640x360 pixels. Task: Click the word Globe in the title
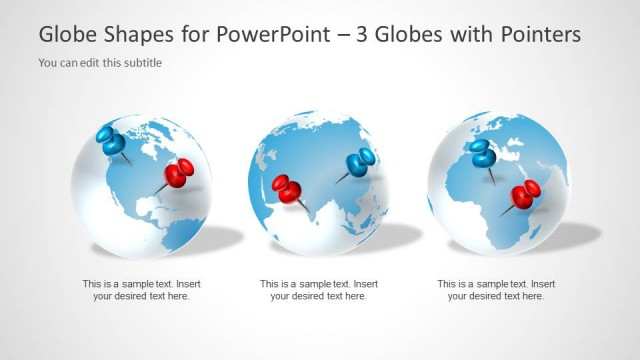tap(67, 35)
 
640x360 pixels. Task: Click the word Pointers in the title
tap(540, 35)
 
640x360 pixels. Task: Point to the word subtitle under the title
tap(142, 63)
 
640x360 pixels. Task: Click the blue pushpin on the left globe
tap(109, 141)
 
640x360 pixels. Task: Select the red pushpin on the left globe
tap(179, 174)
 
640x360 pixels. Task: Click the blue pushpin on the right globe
tap(483, 153)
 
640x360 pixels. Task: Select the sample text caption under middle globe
tap(319, 290)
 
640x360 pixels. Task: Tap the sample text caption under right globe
tap(496, 290)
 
